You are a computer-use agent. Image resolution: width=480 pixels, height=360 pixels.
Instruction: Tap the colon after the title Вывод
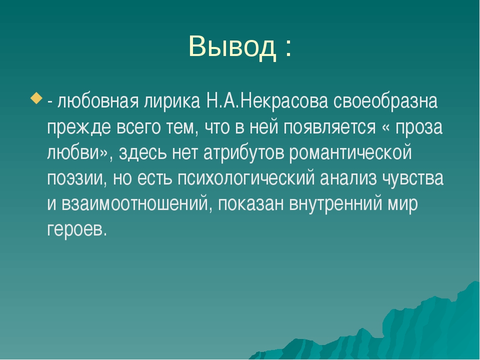tap(288, 48)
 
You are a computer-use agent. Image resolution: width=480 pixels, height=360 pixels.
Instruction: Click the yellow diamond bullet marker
tap(36, 98)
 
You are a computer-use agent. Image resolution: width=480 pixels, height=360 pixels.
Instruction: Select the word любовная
tap(98, 101)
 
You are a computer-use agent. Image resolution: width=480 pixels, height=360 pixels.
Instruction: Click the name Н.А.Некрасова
tap(267, 101)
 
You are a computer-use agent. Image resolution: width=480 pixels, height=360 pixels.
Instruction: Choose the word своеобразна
tap(385, 101)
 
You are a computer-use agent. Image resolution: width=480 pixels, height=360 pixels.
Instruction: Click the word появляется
tap(329, 127)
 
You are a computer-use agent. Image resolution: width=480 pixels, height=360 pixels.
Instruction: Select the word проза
tap(419, 127)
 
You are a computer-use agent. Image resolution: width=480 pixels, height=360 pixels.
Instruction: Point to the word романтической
tap(350, 152)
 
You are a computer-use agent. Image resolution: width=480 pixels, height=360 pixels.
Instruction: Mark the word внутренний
tap(336, 203)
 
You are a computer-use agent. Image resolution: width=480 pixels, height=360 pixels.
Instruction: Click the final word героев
tap(77, 229)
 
